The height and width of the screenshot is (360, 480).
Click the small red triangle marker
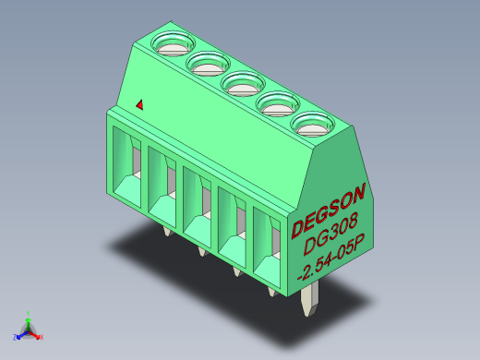(139, 105)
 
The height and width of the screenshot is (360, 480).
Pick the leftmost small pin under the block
(166, 230)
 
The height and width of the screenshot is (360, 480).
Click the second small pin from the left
(201, 251)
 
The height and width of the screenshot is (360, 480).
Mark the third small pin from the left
(236, 271)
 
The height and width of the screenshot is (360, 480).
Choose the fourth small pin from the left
(271, 292)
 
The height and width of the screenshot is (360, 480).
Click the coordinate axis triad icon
(29, 330)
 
